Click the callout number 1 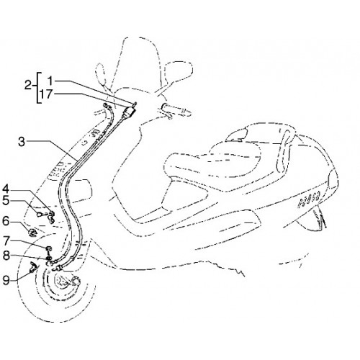click(x=50, y=81)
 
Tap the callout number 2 click(x=28, y=86)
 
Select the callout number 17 click(x=45, y=94)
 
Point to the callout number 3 click(x=22, y=142)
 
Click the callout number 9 click(x=6, y=280)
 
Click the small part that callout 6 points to click(x=32, y=233)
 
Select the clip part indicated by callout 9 click(x=33, y=267)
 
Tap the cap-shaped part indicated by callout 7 click(x=49, y=248)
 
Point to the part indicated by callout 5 click(x=40, y=215)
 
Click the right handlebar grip click(x=176, y=109)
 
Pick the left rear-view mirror click(x=101, y=73)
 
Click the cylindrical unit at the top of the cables click(x=129, y=112)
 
